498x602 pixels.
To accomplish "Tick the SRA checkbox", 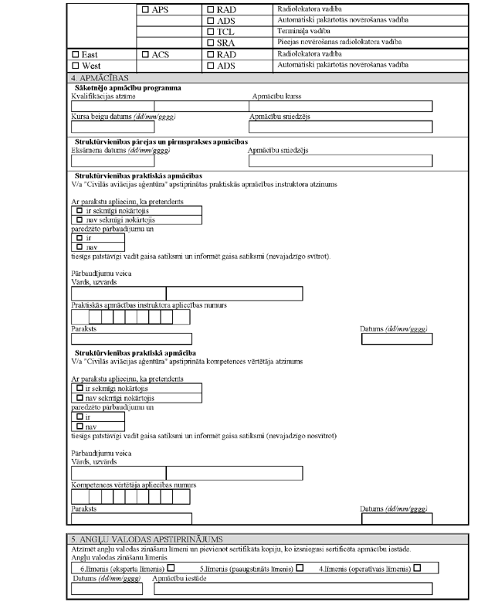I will pyautogui.click(x=212, y=44).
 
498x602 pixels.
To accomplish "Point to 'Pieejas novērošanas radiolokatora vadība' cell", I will pyautogui.click(x=331, y=44).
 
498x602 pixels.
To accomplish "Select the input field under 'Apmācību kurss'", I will pyautogui.click(x=340, y=106).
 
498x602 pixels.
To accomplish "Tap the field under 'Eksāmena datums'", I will pyautogui.click(x=102, y=161).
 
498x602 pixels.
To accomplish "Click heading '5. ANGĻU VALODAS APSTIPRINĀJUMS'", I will pyautogui.click(x=136, y=539).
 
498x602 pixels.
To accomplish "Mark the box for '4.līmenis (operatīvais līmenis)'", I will pyautogui.click(x=417, y=568).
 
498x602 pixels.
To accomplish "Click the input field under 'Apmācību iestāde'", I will pyautogui.click(x=293, y=589).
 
